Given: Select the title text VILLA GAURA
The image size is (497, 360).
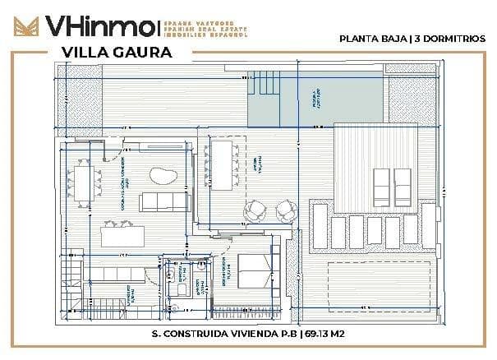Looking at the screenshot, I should coord(116,52).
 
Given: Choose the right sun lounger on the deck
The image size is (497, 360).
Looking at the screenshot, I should coord(403,180).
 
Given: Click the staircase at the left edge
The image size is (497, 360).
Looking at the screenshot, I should coord(72,283).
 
